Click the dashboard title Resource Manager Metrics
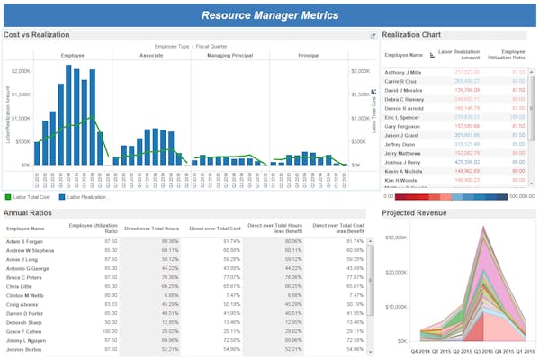(x=270, y=15)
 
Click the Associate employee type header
(x=150, y=56)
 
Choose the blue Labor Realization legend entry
(x=85, y=196)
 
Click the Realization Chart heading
(x=416, y=34)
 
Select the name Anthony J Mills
(x=403, y=71)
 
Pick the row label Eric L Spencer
(x=403, y=116)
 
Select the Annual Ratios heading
(x=31, y=213)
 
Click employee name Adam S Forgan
(x=26, y=241)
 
